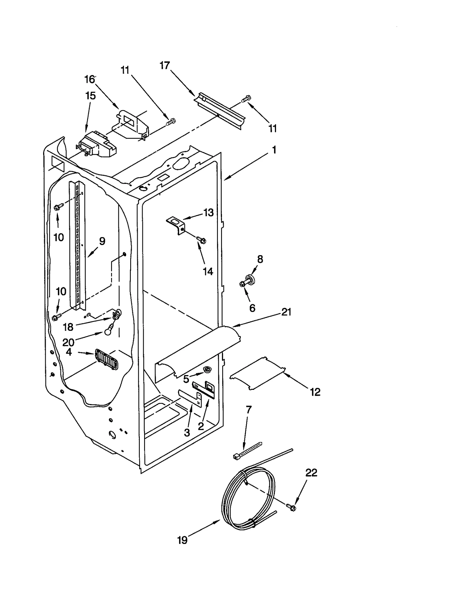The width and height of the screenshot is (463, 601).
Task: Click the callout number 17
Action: [165, 66]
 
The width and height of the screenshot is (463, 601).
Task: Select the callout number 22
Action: [311, 473]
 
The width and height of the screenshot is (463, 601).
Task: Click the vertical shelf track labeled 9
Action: [77, 246]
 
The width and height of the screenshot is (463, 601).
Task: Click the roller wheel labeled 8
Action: [250, 279]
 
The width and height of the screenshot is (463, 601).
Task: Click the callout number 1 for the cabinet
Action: [274, 150]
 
